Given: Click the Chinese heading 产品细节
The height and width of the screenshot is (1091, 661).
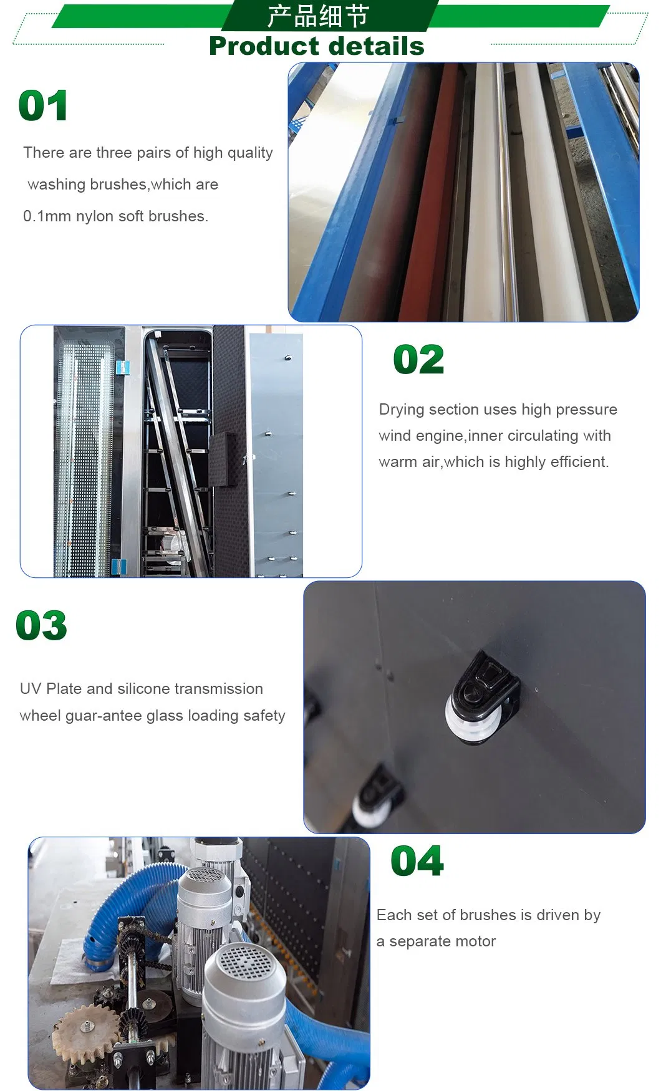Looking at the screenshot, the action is click(x=318, y=16).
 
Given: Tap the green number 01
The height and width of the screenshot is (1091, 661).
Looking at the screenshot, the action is click(x=43, y=105).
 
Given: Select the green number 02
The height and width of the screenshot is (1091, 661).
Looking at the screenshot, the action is click(x=418, y=360).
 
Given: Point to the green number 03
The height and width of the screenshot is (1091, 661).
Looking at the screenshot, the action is click(x=41, y=625).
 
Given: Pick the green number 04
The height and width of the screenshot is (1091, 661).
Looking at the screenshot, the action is click(x=417, y=861).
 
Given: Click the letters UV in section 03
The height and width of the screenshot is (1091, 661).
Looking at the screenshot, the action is click(x=31, y=689).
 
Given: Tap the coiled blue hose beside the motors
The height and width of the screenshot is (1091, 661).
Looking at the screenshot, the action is click(x=125, y=910).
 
